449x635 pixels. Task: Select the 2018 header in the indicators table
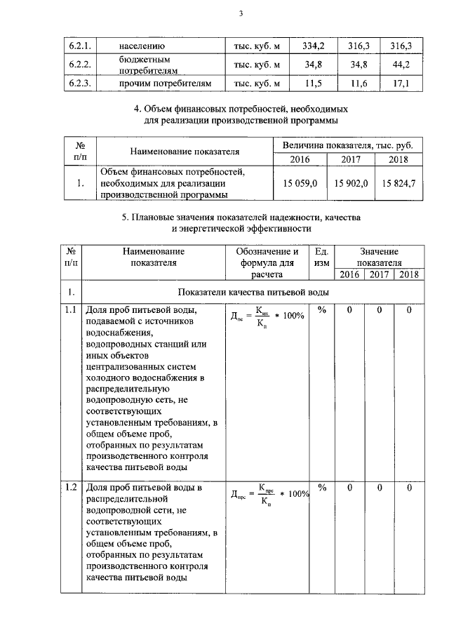408,274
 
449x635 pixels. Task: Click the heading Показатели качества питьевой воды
253,291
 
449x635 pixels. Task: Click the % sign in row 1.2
323,487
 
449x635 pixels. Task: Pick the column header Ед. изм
322,257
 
